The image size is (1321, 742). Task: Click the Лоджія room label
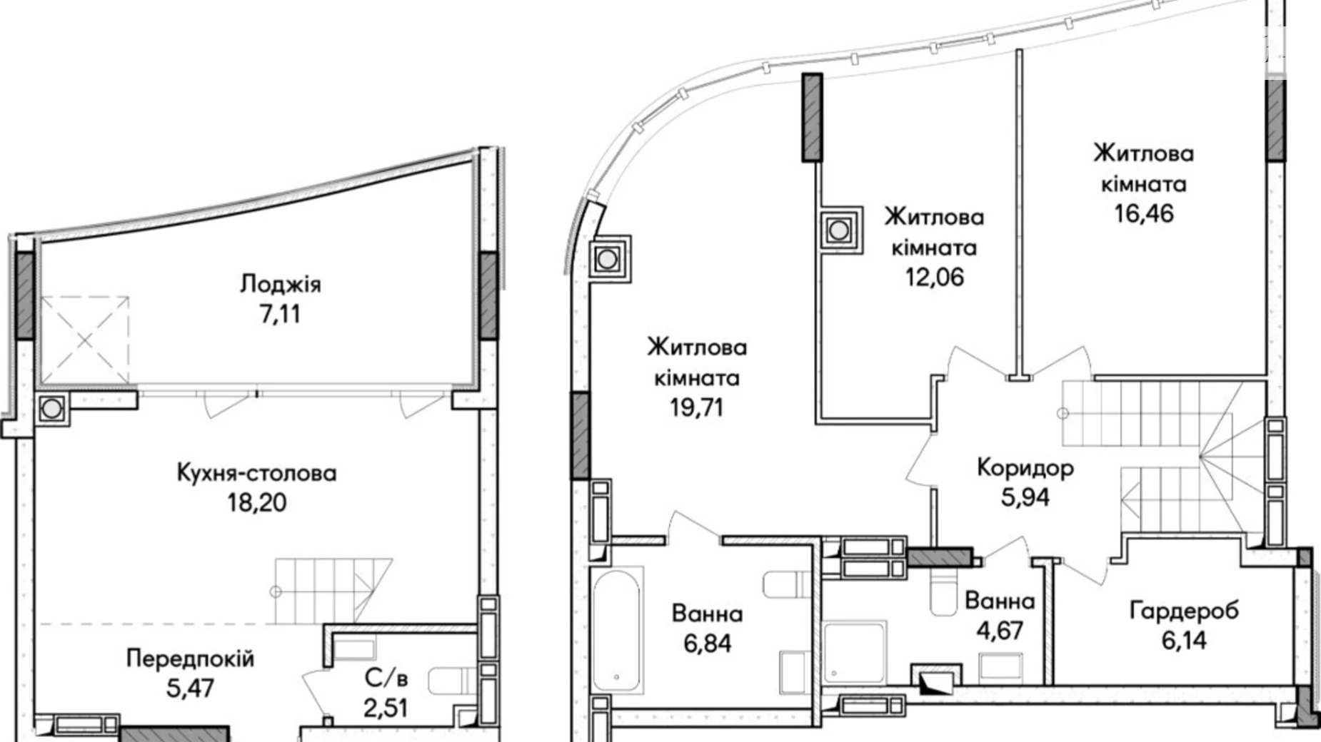(x=280, y=284)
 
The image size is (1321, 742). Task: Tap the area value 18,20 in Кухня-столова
(x=256, y=503)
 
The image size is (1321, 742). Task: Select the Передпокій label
(x=190, y=658)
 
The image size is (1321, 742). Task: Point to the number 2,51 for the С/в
(x=386, y=708)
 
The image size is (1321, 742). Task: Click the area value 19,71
(x=696, y=407)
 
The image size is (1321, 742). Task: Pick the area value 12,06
(x=934, y=277)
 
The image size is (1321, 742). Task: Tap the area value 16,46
(x=1144, y=213)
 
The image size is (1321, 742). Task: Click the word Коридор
(x=1025, y=468)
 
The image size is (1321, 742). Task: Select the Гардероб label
(x=1184, y=611)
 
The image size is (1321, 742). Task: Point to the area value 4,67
(x=1000, y=631)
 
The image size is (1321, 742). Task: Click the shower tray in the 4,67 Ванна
(x=855, y=652)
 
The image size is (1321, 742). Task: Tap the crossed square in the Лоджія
(x=84, y=340)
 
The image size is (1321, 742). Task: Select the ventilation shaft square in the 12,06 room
(x=840, y=230)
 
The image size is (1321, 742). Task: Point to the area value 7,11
(x=280, y=314)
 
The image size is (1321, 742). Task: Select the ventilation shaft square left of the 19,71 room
(x=607, y=259)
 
